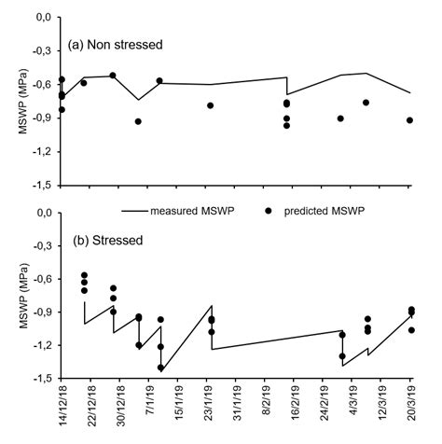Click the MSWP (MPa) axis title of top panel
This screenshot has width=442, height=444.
(x=10, y=101)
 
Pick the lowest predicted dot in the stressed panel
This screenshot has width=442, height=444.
(x=160, y=368)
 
